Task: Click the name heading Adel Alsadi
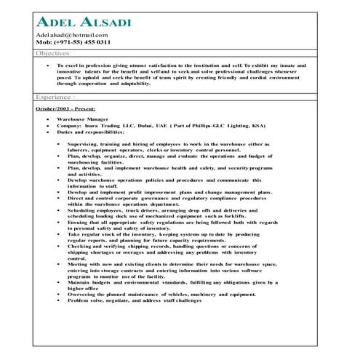pos(82,22)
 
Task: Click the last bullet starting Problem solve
pos(135,300)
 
